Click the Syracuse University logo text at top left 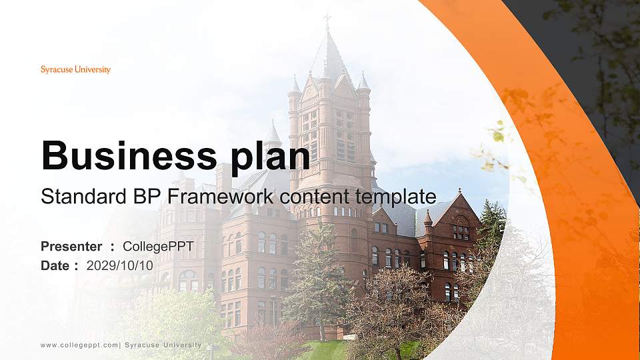[75, 69]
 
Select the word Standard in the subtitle [74, 197]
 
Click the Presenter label [71, 247]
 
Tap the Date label [55, 265]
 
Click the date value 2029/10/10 [120, 265]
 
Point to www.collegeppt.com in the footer [79, 345]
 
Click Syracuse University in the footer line [163, 345]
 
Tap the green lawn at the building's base [327, 350]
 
